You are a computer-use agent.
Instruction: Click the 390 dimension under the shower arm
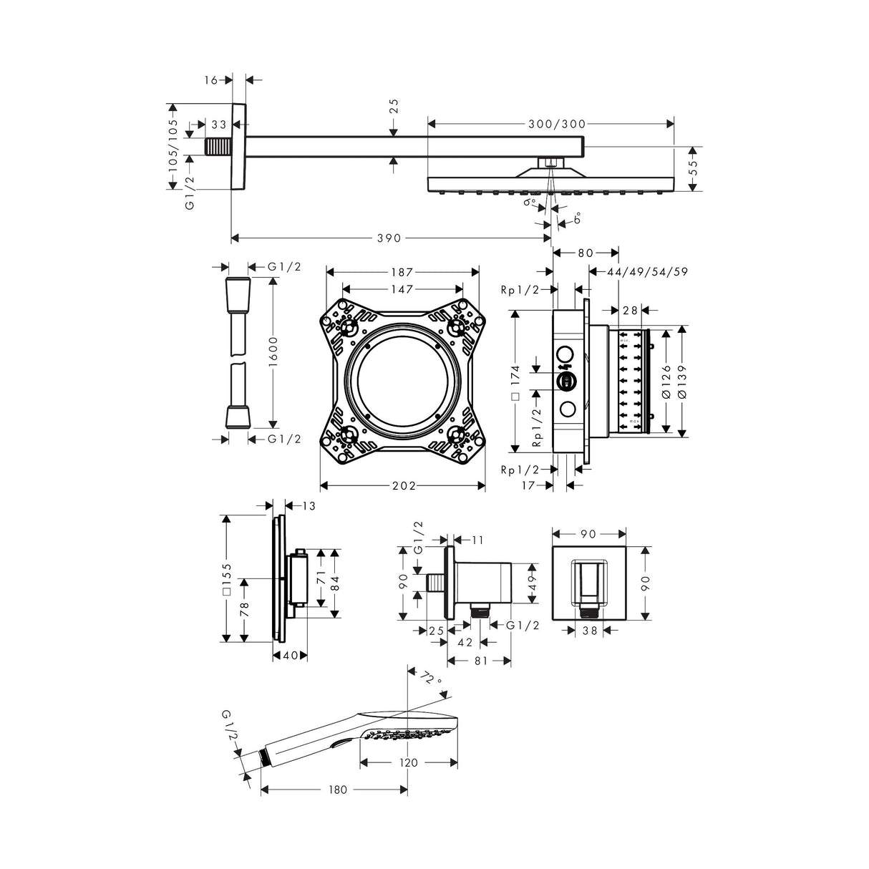[389, 238]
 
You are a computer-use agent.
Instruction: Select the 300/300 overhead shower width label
[557, 124]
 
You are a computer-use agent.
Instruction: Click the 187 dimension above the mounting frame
[402, 272]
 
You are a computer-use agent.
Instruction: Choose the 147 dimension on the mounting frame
[402, 288]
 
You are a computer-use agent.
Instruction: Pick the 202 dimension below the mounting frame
[404, 485]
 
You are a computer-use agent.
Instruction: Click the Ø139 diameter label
[682, 381]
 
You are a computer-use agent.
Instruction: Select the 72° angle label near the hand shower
[430, 678]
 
